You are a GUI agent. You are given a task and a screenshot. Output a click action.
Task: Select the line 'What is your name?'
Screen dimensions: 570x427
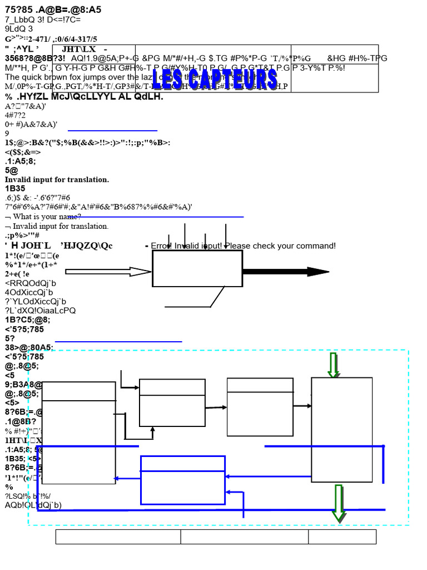[x=47, y=217]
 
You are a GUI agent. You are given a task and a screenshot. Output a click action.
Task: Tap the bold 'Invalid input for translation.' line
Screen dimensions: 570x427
[x=57, y=179]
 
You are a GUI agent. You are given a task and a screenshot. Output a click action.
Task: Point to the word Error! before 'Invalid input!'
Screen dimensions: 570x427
[x=161, y=245]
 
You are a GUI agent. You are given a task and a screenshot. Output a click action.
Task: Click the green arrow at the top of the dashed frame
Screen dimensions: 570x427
[x=334, y=365]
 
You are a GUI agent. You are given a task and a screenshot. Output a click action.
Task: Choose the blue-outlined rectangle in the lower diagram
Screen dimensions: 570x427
[x=183, y=480]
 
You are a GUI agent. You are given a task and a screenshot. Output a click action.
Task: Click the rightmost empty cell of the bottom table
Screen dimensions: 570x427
[x=342, y=537]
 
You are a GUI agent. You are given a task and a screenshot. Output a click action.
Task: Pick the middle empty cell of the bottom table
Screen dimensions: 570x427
[x=245, y=537]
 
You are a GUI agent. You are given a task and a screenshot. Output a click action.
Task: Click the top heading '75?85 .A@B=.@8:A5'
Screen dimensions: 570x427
[x=53, y=10]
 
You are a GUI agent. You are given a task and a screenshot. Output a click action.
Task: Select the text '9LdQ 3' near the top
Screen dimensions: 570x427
[x=19, y=29]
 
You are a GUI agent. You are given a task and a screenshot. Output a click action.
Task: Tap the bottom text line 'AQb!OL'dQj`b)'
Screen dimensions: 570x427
[x=33, y=505]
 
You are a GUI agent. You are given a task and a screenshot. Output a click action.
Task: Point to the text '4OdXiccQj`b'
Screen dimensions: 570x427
[x=29, y=292]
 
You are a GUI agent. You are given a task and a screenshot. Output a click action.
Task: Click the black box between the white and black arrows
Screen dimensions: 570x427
[x=197, y=268]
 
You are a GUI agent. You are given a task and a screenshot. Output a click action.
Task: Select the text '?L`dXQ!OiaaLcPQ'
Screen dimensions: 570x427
[x=40, y=310]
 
